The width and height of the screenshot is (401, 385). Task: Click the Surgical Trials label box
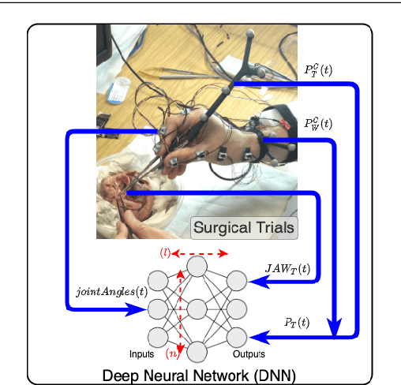coord(244,229)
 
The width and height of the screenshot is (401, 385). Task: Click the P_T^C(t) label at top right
coord(318,70)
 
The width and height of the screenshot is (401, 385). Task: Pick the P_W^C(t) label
coord(318,124)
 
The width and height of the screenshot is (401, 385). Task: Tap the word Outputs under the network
coord(245,353)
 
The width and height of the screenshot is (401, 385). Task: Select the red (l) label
coord(165,252)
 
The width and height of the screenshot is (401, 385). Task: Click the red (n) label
coord(171,352)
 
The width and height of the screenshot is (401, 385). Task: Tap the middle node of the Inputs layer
coord(158,307)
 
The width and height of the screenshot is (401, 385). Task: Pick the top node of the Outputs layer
coord(236,279)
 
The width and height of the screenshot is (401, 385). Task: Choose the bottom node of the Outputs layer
coord(236,335)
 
